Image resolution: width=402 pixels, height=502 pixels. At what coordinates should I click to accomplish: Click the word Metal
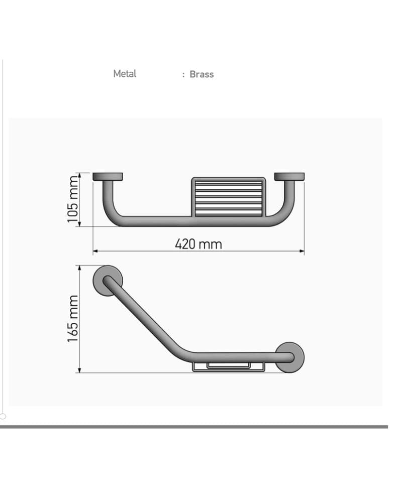pos(125,74)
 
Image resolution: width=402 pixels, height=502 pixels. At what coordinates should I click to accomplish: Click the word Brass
pos(202,74)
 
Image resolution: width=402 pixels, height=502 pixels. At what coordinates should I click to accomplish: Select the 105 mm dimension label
pos(73,199)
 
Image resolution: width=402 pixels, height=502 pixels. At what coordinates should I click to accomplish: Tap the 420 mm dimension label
pos(198,244)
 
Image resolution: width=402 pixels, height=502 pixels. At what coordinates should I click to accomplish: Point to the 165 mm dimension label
pos(73,319)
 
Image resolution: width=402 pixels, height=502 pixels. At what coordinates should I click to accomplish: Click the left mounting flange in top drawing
pos(108,177)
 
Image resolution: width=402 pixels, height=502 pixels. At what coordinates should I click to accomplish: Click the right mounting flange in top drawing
pos(289,177)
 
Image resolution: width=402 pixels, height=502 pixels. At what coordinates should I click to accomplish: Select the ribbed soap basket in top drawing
pos(229,197)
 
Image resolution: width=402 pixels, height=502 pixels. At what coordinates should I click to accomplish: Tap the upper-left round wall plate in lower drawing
pos(108,281)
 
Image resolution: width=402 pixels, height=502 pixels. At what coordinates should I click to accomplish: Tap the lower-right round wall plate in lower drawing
pos(290,357)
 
